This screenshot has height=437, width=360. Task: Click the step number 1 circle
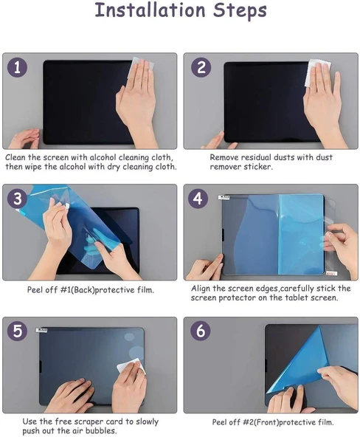18,68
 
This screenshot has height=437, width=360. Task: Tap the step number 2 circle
200,68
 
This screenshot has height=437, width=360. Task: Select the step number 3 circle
18,199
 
